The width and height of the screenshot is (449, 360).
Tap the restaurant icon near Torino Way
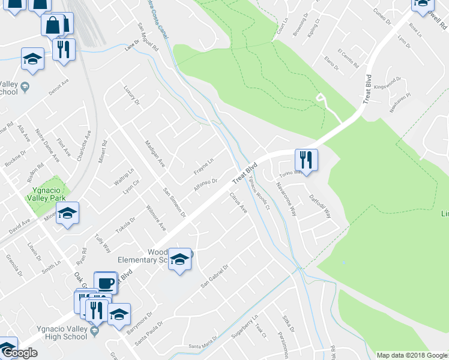[306, 160]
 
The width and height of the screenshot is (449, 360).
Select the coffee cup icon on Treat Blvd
[106, 283]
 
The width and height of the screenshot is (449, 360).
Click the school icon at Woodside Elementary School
[179, 259]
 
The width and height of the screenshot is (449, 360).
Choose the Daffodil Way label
[320, 204]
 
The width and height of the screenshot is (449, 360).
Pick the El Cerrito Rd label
[348, 58]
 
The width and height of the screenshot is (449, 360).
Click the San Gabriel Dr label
[214, 276]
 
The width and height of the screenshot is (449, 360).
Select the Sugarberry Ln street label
[244, 328]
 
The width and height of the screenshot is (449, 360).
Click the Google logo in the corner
[19, 353]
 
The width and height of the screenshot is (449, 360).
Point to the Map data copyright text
[411, 355]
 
